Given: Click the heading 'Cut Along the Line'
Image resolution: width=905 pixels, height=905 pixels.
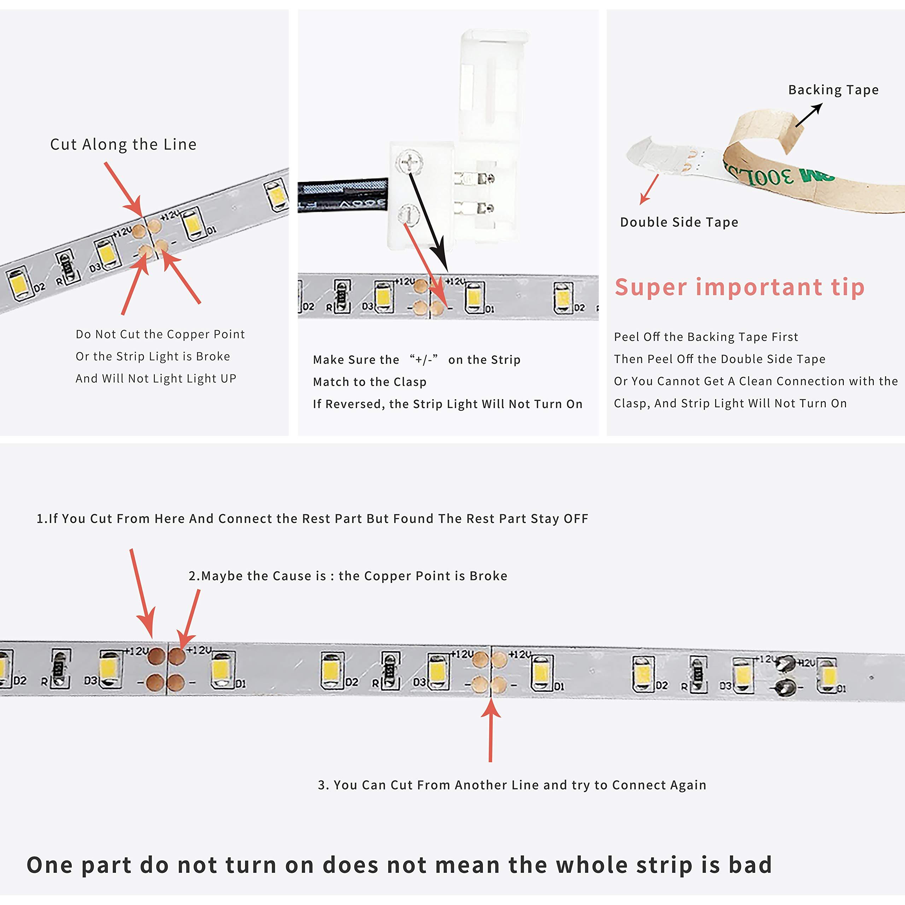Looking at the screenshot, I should tap(123, 144).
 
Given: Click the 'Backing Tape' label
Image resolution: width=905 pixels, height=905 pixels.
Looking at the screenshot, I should tap(833, 90).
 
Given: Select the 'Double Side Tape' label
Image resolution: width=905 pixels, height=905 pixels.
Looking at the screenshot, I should tap(679, 222).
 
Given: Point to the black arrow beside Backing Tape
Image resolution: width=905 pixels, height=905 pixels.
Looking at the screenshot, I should tap(808, 115).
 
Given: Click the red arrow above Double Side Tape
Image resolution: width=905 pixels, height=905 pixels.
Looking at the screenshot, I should tap(650, 189).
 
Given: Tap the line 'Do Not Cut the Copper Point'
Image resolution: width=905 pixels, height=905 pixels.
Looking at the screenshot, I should tap(160, 334).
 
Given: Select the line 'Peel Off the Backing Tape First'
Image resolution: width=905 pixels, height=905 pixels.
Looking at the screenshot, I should tap(706, 337).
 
